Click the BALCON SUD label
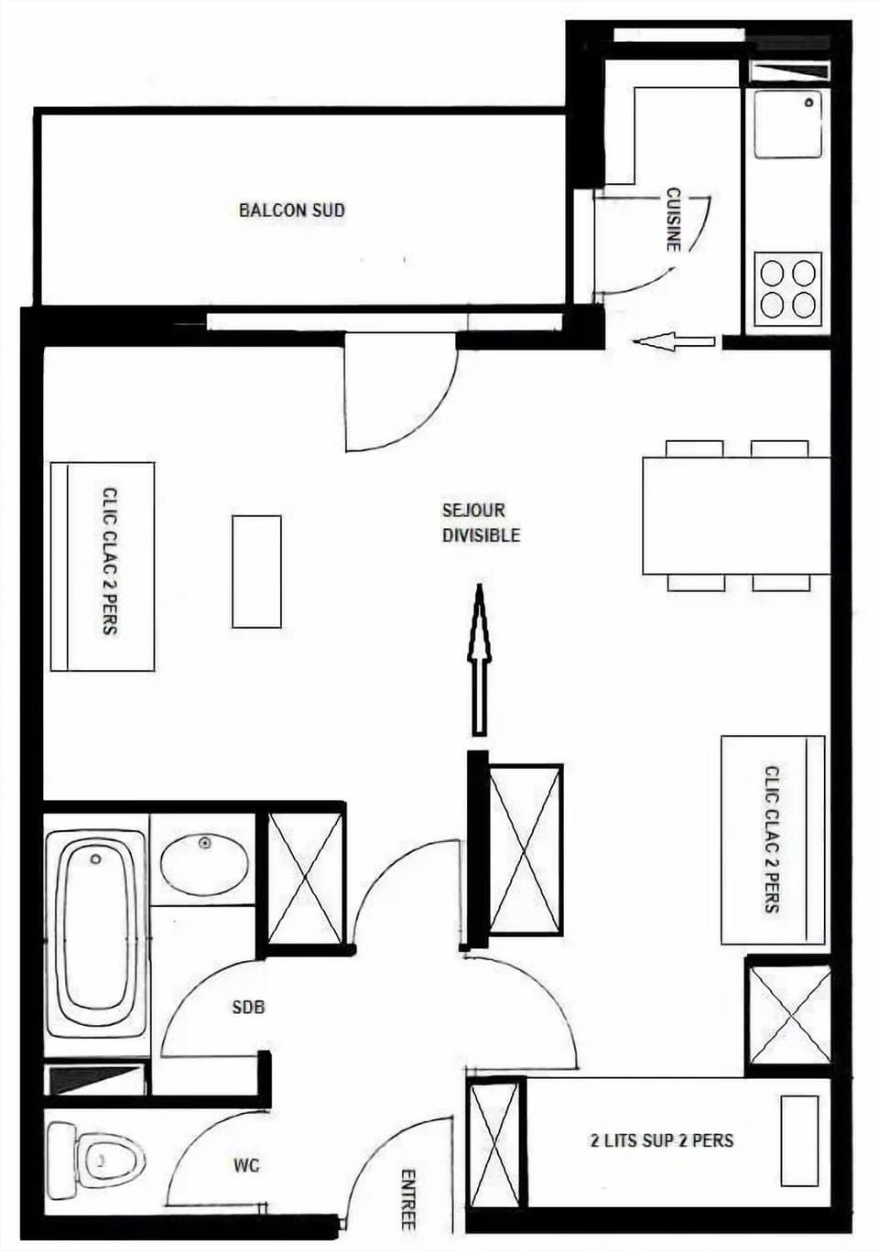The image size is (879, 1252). click(292, 210)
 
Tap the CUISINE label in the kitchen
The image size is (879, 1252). click(673, 220)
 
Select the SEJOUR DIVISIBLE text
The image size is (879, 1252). click(481, 523)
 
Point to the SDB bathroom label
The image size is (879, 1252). click(248, 1007)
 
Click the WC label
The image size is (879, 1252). click(246, 1165)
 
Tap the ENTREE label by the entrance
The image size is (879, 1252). click(408, 1199)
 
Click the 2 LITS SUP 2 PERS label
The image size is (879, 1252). click(661, 1140)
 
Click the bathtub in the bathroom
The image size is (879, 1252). click(95, 934)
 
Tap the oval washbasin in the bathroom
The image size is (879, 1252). click(204, 863)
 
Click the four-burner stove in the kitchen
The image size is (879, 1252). click(788, 287)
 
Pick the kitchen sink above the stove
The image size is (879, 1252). click(787, 124)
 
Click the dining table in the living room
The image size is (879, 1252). click(736, 515)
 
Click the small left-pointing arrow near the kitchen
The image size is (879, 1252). click(673, 342)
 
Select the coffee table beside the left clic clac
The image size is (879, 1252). click(256, 571)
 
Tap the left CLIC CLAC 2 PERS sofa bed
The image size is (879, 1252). click(102, 567)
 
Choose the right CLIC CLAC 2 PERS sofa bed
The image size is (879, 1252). click(773, 839)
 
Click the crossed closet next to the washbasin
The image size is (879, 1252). click(304, 878)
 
